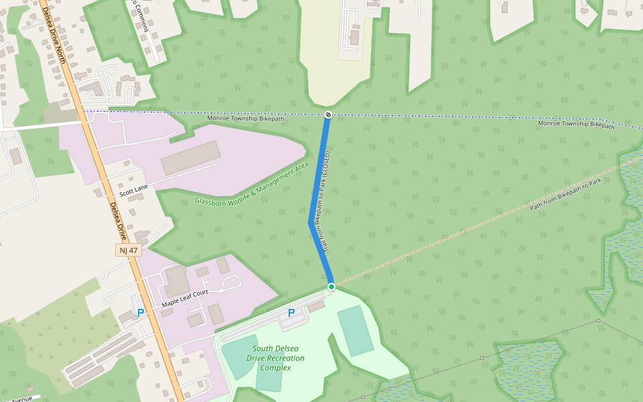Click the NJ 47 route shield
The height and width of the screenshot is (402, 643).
127,250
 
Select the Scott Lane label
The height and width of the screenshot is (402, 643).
133,191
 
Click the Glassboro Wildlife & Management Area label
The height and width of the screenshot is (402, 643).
251,184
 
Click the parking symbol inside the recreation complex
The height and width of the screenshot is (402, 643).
291,313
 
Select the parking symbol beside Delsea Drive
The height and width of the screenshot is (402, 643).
141,313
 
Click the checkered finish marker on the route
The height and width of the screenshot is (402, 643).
328,115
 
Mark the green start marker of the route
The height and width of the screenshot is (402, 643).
331,287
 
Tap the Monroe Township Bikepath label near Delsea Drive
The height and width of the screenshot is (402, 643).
245,119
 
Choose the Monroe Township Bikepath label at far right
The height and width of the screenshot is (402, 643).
576,124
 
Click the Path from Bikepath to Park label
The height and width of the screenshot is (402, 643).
566,194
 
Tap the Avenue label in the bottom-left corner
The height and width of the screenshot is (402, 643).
20,399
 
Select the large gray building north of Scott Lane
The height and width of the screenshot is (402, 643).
191,157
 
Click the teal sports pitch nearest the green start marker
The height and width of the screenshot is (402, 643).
355,330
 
